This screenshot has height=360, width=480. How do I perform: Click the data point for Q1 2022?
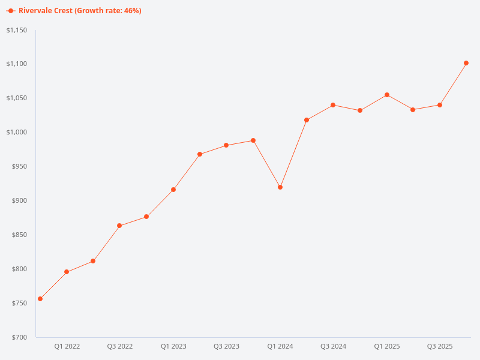[x=67, y=272]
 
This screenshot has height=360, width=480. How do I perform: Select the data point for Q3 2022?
[x=119, y=226]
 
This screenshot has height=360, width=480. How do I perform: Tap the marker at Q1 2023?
[x=173, y=190]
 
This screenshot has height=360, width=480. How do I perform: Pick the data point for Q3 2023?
[x=226, y=145]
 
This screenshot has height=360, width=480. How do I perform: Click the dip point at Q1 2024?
[x=280, y=187]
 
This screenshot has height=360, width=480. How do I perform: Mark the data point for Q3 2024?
[x=333, y=105]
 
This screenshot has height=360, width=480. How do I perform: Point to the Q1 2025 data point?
[x=387, y=95]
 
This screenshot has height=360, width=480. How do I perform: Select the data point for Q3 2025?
[x=440, y=105]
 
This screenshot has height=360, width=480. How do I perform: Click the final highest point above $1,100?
[x=466, y=63]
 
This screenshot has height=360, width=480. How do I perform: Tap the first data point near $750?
[x=40, y=299]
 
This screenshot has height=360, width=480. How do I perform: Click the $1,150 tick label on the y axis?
[x=17, y=30]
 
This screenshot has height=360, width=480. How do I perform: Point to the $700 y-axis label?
[x=19, y=337]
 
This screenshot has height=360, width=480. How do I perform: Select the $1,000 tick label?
[x=17, y=132]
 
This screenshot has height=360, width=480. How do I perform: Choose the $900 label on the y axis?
[x=19, y=200]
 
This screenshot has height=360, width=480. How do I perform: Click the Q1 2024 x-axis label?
[x=280, y=346]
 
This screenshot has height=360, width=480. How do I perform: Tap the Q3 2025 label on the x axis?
[x=440, y=346]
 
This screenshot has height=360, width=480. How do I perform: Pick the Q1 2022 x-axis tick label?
[x=67, y=346]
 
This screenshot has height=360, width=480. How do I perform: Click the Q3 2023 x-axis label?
[x=226, y=346]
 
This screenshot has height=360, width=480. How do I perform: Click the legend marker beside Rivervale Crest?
[x=11, y=11]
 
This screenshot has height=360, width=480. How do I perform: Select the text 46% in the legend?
[x=131, y=11]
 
